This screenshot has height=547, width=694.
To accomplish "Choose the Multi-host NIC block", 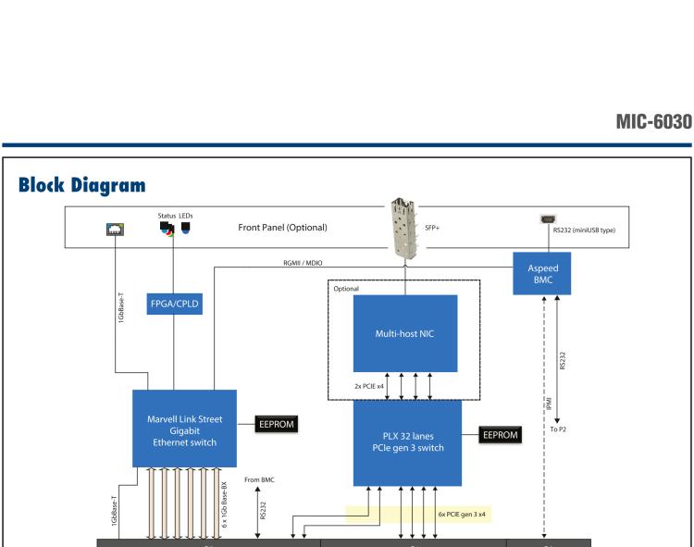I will click(x=404, y=333).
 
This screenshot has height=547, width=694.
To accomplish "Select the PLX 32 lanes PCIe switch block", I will click(x=407, y=442).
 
